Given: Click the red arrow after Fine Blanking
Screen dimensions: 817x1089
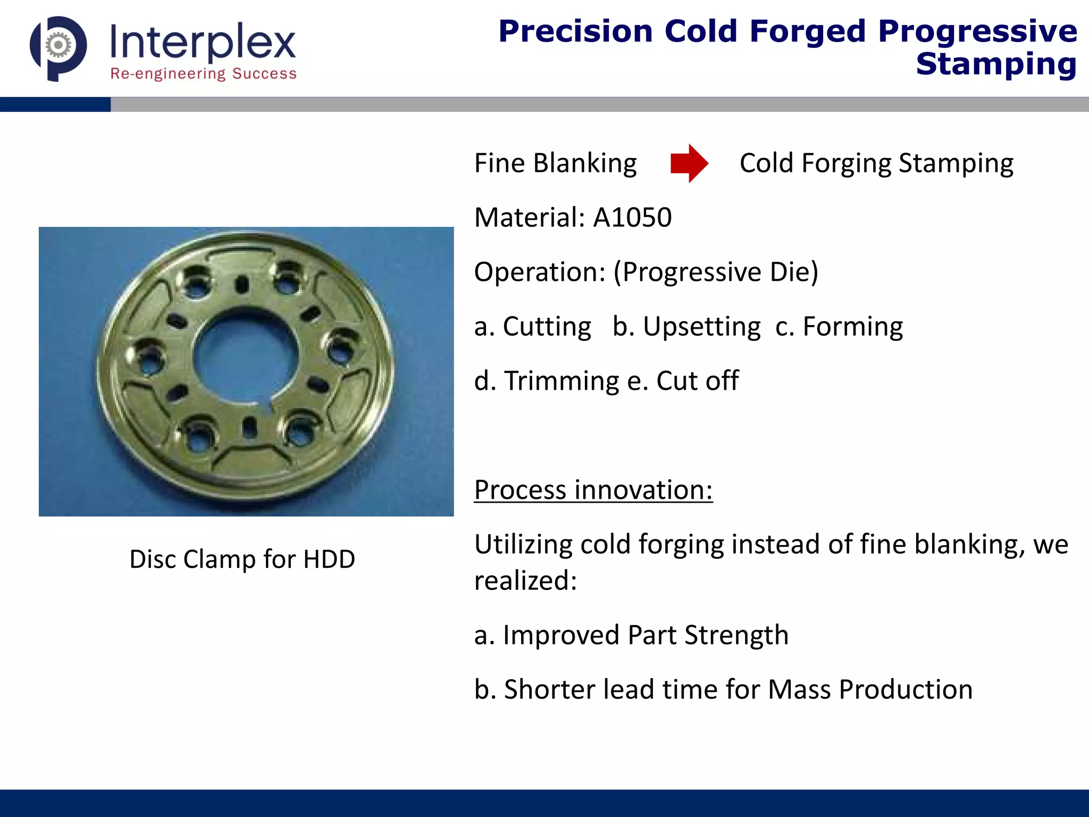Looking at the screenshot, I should click(689, 163).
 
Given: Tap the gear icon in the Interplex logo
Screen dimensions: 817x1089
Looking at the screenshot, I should click(58, 45).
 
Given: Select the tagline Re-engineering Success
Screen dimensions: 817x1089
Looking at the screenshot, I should click(203, 73).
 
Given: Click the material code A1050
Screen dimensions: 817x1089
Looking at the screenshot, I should click(632, 217).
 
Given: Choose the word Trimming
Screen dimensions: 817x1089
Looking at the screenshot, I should click(562, 381).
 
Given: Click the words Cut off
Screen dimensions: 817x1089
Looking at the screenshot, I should click(697, 381).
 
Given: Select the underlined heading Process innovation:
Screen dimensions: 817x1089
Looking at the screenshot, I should click(593, 489).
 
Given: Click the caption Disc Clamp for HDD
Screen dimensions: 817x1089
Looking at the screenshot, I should click(242, 559).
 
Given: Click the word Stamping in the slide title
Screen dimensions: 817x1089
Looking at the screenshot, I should click(996, 64).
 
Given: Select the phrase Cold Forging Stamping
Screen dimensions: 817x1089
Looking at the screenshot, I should click(876, 163).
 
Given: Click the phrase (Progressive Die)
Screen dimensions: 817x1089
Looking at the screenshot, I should click(716, 272).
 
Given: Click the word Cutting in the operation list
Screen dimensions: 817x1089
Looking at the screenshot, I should click(547, 326).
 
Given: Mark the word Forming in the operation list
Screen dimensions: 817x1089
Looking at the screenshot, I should click(852, 326).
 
